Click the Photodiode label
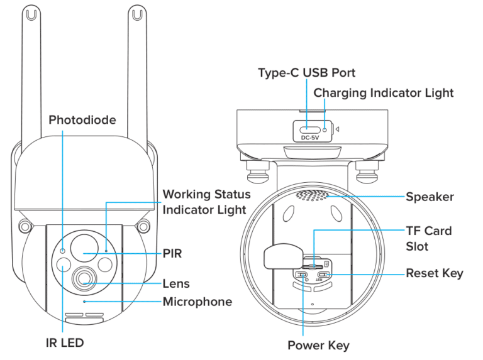point(82,119)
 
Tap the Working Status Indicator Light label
point(206,202)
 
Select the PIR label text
point(172,253)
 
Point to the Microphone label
point(197,302)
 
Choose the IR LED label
point(63,342)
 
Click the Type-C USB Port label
point(306,73)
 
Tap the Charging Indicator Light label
point(383,92)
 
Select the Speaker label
point(430,197)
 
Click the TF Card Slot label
point(428,239)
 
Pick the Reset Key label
point(434,273)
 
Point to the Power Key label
point(318,345)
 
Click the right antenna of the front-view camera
point(136,63)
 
